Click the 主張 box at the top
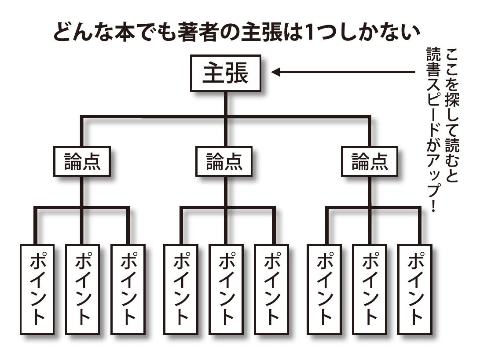coord(225,73)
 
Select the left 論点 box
coord(82,162)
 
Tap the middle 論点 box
coord(225,162)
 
